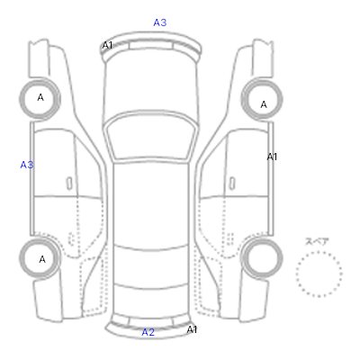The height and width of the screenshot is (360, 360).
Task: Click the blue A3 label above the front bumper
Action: [160, 22]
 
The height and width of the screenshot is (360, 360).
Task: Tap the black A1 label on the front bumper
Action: [107, 45]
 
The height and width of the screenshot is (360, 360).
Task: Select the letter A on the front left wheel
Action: [40, 97]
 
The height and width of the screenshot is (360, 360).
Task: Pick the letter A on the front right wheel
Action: [264, 104]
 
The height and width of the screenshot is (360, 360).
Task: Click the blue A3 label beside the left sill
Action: [27, 165]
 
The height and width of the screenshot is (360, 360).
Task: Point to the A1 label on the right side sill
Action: [272, 157]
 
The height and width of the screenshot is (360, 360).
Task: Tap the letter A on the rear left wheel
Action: [42, 259]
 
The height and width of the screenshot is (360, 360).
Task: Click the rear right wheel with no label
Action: [262, 258]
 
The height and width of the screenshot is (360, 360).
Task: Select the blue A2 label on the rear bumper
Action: [148, 332]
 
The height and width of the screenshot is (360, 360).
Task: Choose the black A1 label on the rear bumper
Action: [192, 329]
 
